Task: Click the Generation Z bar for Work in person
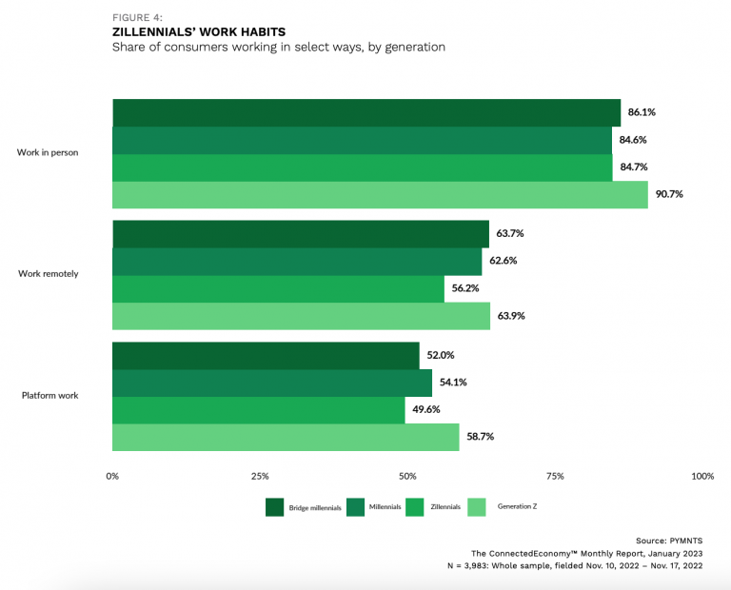[380, 194]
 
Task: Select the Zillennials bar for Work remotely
[278, 288]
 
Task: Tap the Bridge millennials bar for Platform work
[266, 355]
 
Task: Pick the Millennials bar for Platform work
[272, 383]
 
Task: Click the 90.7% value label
[669, 194]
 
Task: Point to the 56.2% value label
[465, 288]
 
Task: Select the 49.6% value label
[425, 410]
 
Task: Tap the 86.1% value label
[642, 112]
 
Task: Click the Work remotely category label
[49, 274]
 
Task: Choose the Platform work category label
[49, 396]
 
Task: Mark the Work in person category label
[48, 152]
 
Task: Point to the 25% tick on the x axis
[260, 476]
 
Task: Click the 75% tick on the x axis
[555, 476]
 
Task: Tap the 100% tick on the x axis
[701, 476]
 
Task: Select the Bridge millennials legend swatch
[274, 507]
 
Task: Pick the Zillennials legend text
[445, 507]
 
